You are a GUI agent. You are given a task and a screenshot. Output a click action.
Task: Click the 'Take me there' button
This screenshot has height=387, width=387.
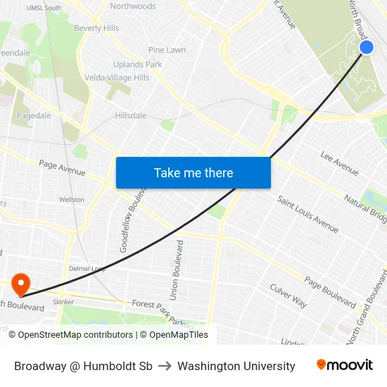(x=193, y=172)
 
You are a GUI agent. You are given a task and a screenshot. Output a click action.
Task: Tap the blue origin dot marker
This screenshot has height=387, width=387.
(x=367, y=47)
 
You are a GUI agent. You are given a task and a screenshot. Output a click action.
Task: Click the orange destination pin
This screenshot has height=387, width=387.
(x=22, y=284)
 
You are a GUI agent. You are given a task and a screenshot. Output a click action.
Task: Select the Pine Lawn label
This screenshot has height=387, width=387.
(x=167, y=50)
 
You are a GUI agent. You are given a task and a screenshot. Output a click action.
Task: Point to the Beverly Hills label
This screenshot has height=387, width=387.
(x=96, y=28)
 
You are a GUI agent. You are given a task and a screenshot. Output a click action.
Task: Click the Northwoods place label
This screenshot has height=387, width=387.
(x=133, y=6)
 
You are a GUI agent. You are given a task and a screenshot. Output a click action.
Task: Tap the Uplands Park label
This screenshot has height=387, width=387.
(x=138, y=65)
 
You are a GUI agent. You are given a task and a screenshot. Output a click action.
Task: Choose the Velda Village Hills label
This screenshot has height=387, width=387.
(x=117, y=77)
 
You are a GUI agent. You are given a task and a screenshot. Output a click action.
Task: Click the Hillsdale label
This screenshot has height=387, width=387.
(x=131, y=115)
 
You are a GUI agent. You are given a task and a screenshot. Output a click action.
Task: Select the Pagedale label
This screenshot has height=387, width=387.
(x=34, y=115)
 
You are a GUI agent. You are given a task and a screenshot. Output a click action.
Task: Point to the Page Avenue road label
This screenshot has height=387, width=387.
(x=62, y=168)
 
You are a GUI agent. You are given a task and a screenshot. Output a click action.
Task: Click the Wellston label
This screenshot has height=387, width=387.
(x=72, y=200)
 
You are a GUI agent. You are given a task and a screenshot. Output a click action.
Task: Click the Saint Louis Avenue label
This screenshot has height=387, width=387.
(x=307, y=214)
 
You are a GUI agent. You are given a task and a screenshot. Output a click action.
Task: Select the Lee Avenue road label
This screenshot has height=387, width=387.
(x=339, y=163)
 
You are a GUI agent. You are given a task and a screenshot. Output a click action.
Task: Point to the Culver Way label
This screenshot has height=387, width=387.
(x=288, y=296)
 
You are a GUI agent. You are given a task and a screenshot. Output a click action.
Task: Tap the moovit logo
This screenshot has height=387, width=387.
(x=345, y=365)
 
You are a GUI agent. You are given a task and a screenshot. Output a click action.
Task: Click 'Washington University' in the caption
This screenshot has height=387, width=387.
(x=236, y=366)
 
